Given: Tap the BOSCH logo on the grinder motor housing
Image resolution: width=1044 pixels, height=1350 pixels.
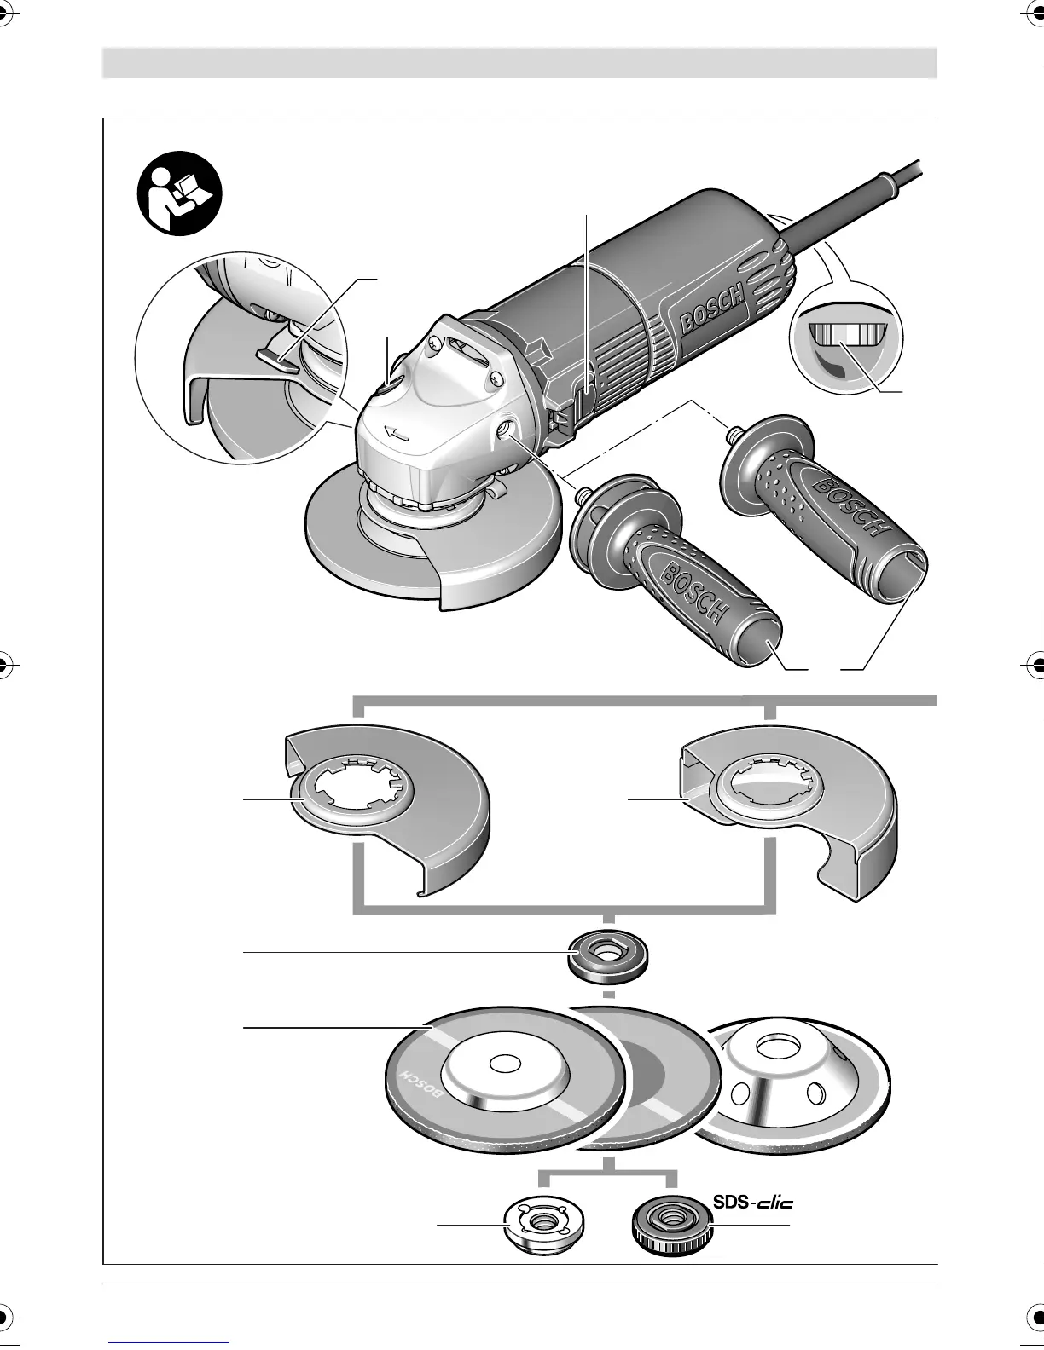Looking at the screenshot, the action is click(712, 311).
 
